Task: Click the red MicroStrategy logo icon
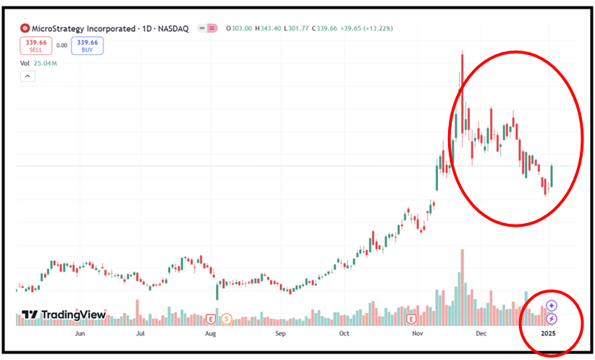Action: (25, 28)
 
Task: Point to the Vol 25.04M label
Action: (39, 63)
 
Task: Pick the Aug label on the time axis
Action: (211, 335)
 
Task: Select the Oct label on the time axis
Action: (344, 335)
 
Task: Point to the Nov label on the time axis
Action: (418, 335)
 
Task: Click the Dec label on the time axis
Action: (480, 335)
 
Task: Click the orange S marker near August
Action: (227, 318)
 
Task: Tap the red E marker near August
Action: (211, 318)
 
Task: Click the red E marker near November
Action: (411, 318)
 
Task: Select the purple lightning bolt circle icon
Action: (552, 318)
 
